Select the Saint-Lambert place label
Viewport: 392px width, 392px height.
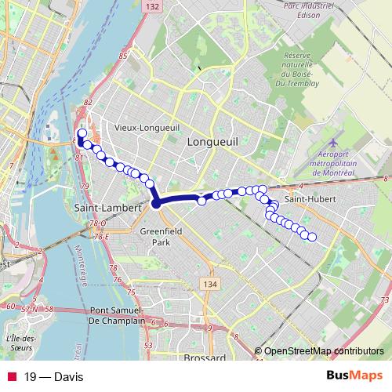point(106,208)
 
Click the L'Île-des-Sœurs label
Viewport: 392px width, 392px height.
point(21,343)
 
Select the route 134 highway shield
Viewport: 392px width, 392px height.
point(209,283)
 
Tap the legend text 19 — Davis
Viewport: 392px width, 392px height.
point(53,376)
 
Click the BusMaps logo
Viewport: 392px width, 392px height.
point(354,376)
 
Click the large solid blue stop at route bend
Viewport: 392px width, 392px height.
point(156,203)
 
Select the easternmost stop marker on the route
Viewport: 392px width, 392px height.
point(312,237)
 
